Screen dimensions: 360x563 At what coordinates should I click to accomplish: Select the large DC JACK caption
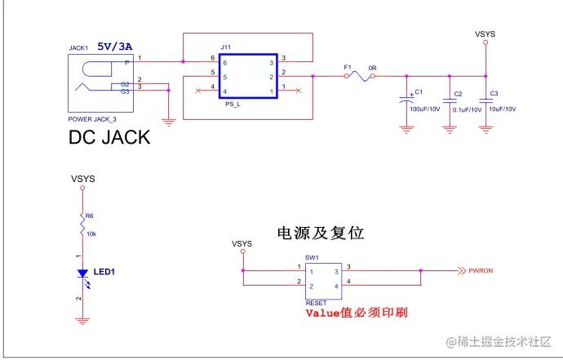pos(109,137)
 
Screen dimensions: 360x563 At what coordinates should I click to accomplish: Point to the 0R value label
pos(372,67)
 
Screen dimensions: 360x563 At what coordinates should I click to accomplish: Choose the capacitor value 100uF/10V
pos(425,109)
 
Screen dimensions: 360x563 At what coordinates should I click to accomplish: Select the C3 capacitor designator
pos(494,94)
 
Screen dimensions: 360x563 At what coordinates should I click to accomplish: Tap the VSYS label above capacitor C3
pos(485,34)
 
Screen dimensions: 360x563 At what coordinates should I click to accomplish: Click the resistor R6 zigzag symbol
pos(82,225)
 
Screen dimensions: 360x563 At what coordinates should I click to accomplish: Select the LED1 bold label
pos(104,272)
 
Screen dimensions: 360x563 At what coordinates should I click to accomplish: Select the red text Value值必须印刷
pos(356,312)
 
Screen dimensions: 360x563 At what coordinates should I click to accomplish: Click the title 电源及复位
pos(321,233)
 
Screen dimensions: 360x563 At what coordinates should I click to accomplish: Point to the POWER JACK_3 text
pos(92,119)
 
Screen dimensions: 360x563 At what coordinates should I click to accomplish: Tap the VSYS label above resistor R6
pos(82,178)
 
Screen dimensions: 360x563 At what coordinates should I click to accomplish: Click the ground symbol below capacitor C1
pos(406,127)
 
